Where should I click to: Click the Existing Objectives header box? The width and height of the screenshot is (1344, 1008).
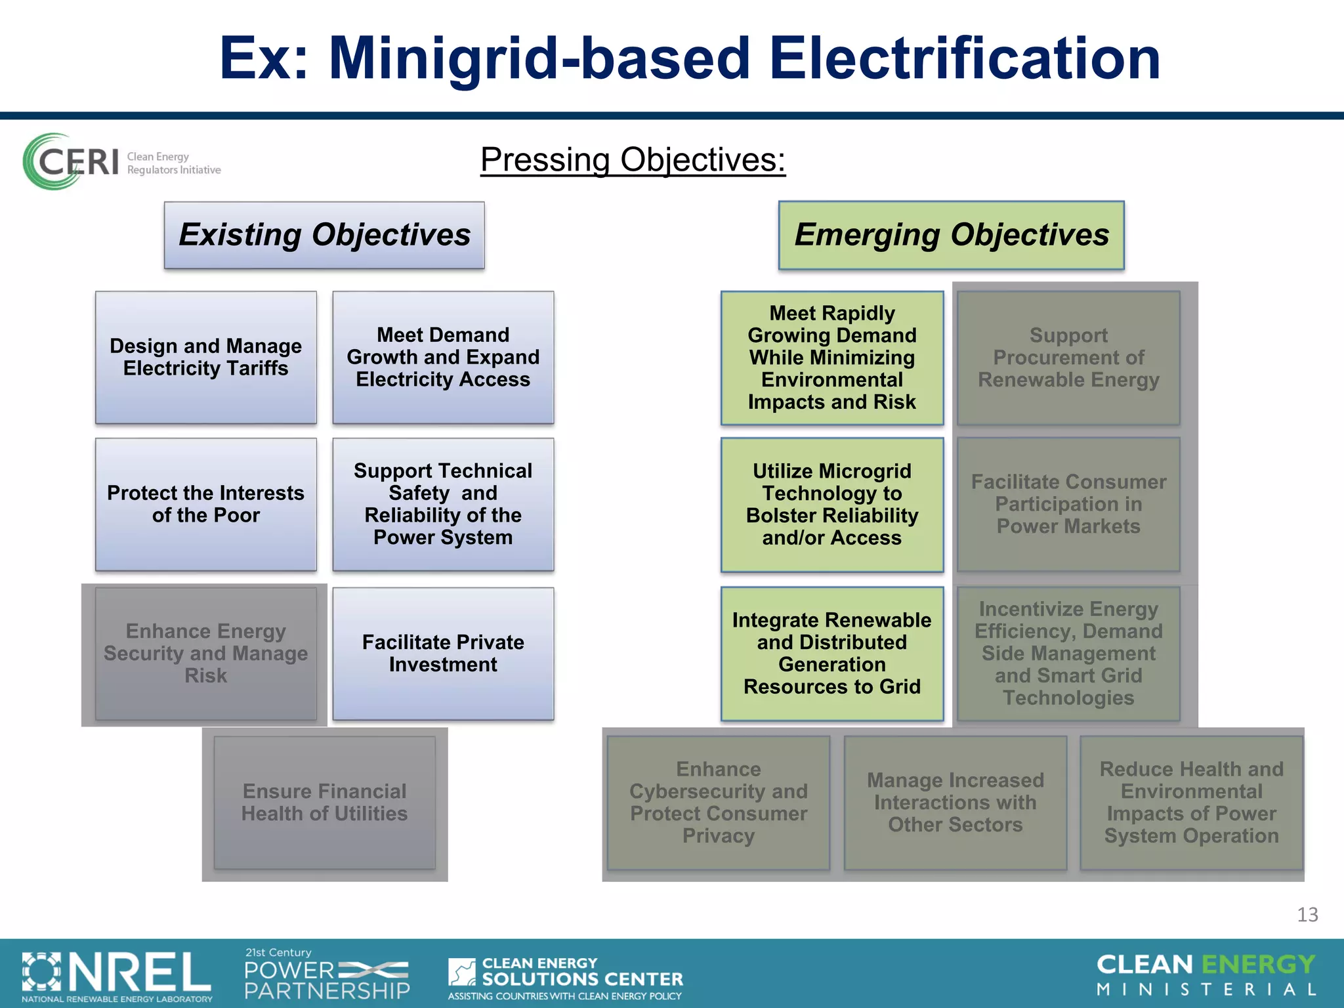(x=324, y=235)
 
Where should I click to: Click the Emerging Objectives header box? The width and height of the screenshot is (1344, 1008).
(x=951, y=235)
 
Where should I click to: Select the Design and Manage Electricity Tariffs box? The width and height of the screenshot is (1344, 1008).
(x=205, y=358)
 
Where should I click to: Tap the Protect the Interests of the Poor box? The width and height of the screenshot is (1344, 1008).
(x=205, y=504)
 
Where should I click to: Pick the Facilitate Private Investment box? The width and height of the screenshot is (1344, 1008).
(x=443, y=653)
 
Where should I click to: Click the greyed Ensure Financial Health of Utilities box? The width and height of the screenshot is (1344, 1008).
(x=324, y=803)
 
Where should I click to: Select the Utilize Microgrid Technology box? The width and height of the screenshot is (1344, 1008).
(x=831, y=504)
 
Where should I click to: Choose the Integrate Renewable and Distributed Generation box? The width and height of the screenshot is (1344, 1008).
(x=831, y=653)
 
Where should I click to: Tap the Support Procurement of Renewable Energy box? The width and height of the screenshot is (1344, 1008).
(x=1068, y=358)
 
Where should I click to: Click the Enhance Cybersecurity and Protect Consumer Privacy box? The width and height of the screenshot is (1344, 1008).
(x=719, y=803)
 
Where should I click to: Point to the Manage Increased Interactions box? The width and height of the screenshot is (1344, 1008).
(x=955, y=803)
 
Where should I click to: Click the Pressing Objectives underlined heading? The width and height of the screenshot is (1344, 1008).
(x=633, y=159)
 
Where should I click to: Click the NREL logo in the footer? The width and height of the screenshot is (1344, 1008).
(x=117, y=975)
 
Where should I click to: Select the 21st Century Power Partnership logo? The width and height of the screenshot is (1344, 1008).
(x=327, y=974)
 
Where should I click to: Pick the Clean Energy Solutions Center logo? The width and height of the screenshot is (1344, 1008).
(x=565, y=977)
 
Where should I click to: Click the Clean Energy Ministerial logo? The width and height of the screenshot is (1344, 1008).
(x=1206, y=975)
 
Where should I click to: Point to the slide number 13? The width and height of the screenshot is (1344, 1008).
(x=1307, y=914)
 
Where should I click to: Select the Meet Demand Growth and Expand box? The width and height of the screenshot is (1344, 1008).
(x=443, y=358)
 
